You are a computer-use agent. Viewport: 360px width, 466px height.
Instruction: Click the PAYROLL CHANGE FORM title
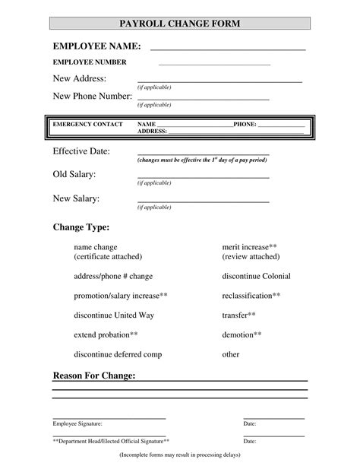180,24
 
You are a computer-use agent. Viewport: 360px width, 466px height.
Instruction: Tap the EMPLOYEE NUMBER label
90,62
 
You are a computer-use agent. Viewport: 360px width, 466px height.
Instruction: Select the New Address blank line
219,80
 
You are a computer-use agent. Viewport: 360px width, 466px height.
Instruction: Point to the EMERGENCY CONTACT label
87,124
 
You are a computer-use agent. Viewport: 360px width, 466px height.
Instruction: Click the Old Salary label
74,175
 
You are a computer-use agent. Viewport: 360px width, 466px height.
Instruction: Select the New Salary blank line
203,201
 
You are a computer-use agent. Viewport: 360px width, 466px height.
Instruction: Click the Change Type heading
81,227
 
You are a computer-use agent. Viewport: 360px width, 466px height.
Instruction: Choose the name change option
96,247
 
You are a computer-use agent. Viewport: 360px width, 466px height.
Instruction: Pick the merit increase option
249,247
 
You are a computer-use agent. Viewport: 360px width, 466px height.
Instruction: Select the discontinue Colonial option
256,276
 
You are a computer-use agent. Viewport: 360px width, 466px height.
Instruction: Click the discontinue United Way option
109,315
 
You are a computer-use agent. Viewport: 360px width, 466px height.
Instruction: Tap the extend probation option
106,334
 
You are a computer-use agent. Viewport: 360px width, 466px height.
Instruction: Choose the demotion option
242,334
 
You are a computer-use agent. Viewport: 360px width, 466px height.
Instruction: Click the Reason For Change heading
94,376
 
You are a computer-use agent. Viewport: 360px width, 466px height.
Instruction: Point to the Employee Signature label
77,423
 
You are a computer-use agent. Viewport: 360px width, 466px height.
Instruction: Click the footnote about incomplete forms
180,455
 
